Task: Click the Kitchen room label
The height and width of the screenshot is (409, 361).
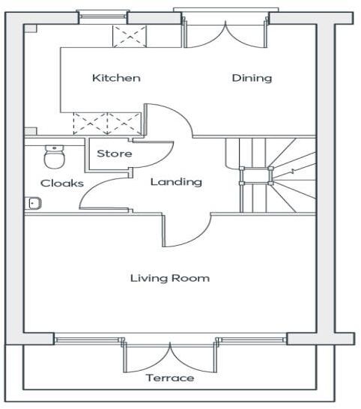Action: (116, 78)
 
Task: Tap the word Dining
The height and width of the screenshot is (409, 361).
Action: (251, 78)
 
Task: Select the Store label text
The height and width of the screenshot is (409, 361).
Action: (115, 154)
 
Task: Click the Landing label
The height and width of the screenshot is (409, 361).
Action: (176, 182)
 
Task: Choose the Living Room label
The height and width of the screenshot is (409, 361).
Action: (170, 278)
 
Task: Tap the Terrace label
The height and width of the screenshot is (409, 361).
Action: (170, 378)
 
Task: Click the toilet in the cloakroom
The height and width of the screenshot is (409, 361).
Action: (54, 156)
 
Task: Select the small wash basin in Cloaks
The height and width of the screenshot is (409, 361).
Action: (34, 202)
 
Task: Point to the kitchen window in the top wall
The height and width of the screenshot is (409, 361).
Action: (101, 16)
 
